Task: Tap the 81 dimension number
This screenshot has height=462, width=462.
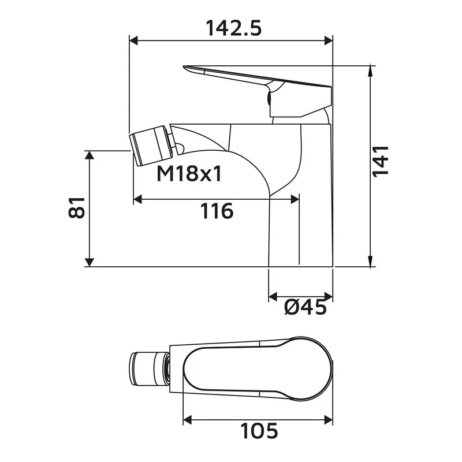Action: click(77, 207)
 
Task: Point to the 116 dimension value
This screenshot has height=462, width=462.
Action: click(217, 211)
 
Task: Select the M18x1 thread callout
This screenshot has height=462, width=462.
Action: click(189, 173)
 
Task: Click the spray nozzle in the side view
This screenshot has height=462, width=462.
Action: click(152, 146)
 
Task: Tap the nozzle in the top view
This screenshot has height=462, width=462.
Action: click(148, 367)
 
